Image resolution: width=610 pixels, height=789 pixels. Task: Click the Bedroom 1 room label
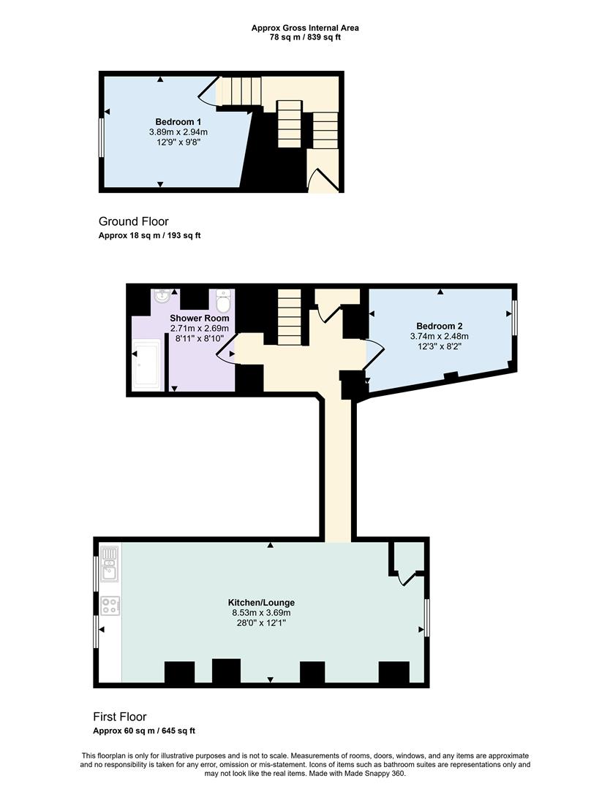pyautogui.click(x=178, y=122)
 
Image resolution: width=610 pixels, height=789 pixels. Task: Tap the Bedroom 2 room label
pyautogui.click(x=440, y=326)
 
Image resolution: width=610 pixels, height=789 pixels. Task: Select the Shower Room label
pyautogui.click(x=200, y=318)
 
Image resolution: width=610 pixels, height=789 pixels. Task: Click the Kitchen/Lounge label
pyautogui.click(x=261, y=602)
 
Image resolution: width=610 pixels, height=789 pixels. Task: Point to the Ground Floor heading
pyautogui.click(x=134, y=221)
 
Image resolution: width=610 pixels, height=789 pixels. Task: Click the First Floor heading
pyautogui.click(x=120, y=717)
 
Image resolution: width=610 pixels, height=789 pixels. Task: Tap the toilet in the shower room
pyautogui.click(x=222, y=300)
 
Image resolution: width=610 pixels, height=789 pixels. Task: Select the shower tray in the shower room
pyautogui.click(x=148, y=365)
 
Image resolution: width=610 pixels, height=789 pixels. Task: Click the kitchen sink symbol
pyautogui.click(x=109, y=564)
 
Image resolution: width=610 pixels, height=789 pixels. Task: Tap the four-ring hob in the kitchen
pyautogui.click(x=110, y=606)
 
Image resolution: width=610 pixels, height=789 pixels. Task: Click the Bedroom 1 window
pyautogui.click(x=101, y=137)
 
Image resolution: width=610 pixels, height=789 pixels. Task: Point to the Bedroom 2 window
pyautogui.click(x=514, y=318)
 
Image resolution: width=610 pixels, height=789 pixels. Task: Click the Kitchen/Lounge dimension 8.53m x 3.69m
pyautogui.click(x=261, y=613)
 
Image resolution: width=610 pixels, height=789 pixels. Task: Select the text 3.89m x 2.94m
pyautogui.click(x=178, y=131)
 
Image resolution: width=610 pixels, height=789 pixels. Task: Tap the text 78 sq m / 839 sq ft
pyautogui.click(x=305, y=37)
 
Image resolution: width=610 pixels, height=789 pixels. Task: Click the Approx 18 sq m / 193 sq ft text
pyautogui.click(x=150, y=235)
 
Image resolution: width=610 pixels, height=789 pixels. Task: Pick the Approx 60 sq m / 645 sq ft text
pyautogui.click(x=144, y=731)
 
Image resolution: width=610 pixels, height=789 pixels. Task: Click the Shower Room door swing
pyautogui.click(x=225, y=348)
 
